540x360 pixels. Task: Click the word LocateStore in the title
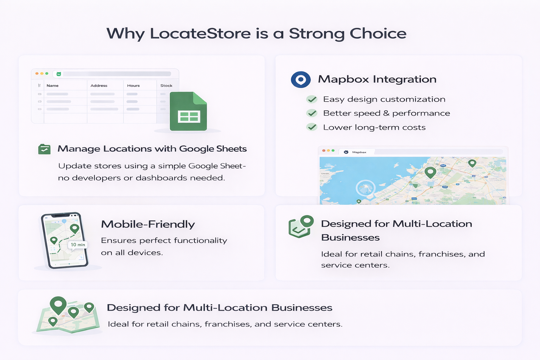[200, 33]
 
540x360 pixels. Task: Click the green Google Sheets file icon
[188, 111]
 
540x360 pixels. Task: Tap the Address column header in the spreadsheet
[99, 85]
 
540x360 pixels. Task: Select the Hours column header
[133, 85]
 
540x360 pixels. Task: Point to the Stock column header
[166, 85]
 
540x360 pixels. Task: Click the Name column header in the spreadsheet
[52, 85]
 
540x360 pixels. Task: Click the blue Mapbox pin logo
[301, 79]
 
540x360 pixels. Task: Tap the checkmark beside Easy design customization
[312, 99]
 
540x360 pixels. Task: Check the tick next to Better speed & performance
[312, 113]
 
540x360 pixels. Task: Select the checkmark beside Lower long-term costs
[312, 127]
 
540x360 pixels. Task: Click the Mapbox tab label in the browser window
[359, 152]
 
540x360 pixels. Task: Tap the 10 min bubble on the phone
[78, 245]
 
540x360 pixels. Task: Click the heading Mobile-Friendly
[148, 224]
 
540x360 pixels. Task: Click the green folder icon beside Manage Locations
[44, 149]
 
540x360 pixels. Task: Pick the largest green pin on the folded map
[58, 304]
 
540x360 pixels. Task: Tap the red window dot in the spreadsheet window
[37, 73]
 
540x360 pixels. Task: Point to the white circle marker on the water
[365, 188]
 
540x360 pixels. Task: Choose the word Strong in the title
[316, 33]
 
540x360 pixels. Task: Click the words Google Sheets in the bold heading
[213, 149]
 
